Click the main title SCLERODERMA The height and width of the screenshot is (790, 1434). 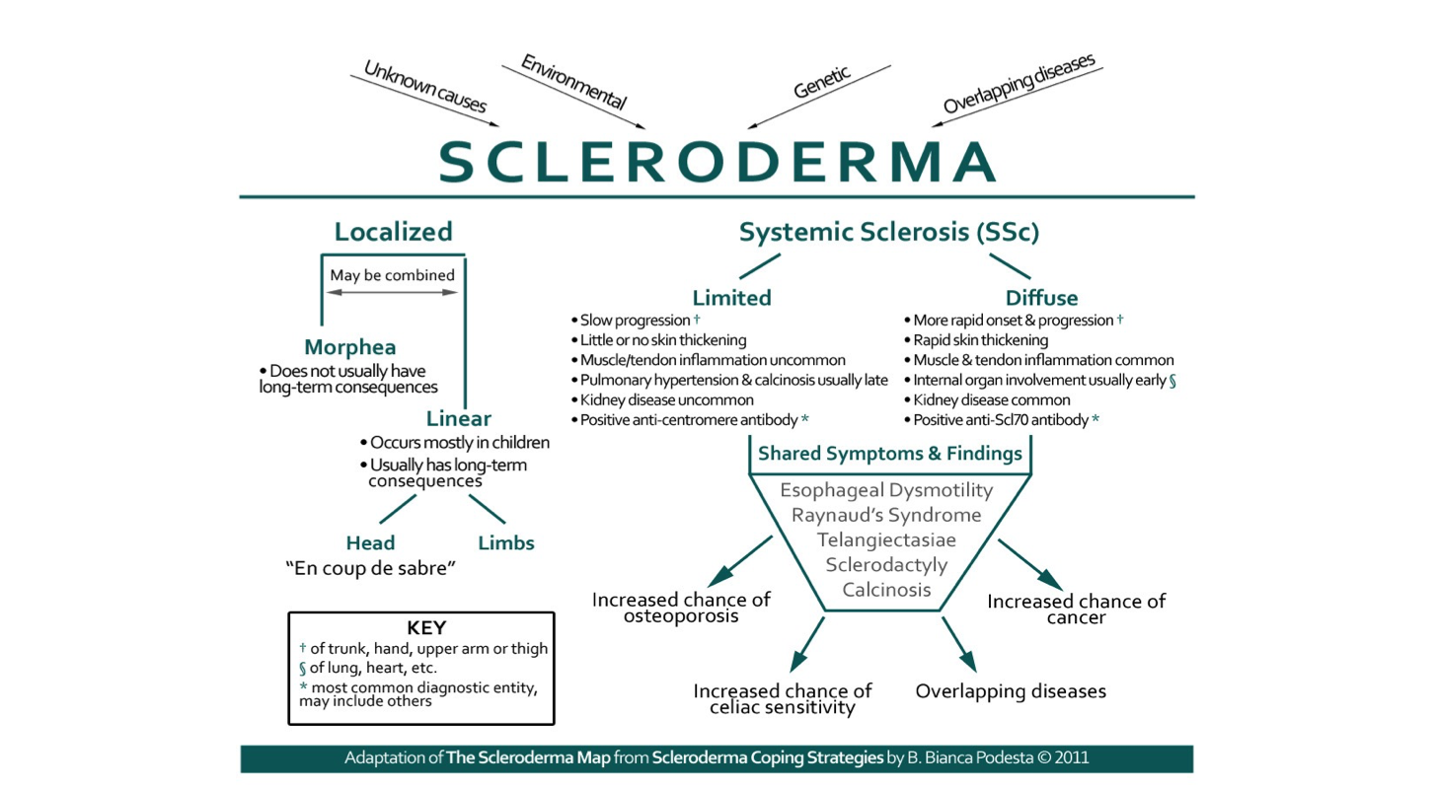[717, 162]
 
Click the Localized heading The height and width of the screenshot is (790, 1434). [393, 232]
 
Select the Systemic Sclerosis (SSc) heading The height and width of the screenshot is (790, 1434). [888, 233]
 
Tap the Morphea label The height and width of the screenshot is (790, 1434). [349, 347]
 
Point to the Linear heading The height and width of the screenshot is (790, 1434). [459, 418]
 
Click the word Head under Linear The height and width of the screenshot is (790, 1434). [370, 543]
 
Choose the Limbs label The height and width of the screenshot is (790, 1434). [506, 543]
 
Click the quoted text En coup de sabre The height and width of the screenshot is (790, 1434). [371, 569]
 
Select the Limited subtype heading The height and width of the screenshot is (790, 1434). [731, 298]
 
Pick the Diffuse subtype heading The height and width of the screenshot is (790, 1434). [1041, 298]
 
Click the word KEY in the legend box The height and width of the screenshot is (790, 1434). [426, 628]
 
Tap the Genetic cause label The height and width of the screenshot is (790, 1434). [821, 82]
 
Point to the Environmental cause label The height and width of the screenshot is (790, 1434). [573, 82]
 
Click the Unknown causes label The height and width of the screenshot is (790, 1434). [424, 86]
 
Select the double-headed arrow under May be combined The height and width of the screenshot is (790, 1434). [393, 292]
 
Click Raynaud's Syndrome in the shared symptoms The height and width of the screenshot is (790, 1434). [886, 515]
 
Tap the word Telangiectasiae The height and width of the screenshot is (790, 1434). [886, 540]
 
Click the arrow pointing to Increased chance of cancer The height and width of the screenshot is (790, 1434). [1030, 564]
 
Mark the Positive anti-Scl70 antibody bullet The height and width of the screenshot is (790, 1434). [1001, 420]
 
